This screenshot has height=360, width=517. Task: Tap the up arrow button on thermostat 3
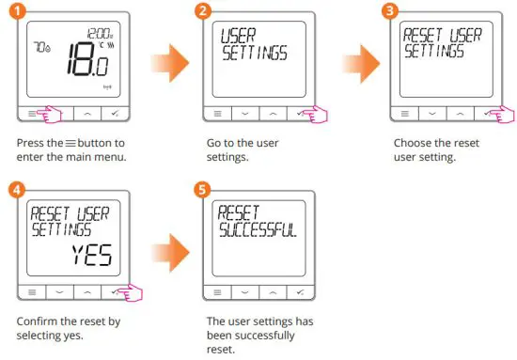point(461,112)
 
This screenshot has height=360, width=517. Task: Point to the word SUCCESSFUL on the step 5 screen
point(256,228)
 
